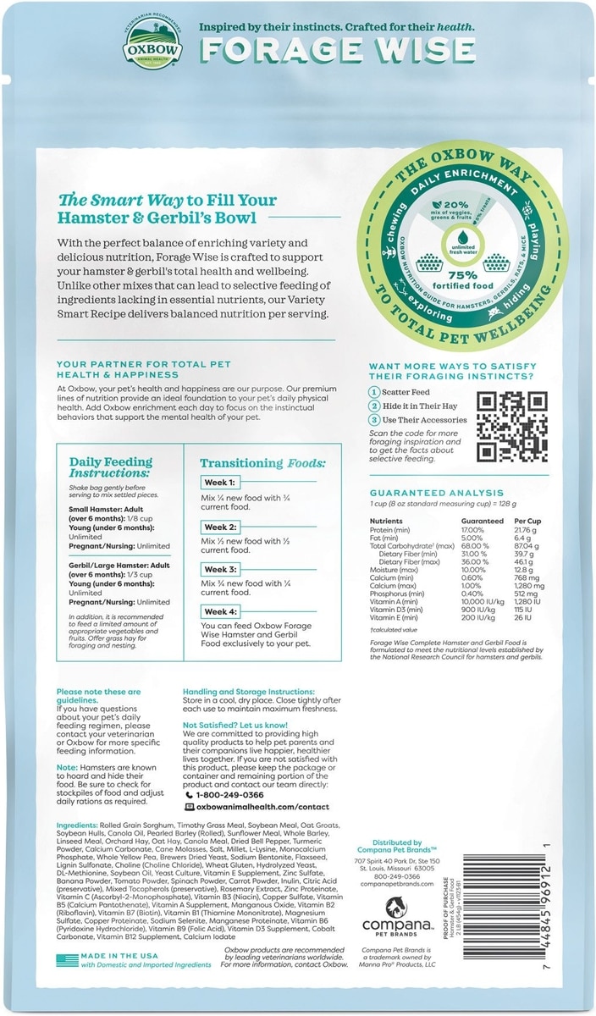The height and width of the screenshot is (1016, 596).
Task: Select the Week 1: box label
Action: tap(218, 483)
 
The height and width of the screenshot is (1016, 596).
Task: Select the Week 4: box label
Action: tap(219, 611)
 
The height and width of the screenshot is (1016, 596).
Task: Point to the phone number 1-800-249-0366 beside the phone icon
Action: tap(229, 795)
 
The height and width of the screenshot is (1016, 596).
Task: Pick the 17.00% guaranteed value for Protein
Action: tap(472, 529)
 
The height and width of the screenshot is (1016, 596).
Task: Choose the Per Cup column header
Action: tap(527, 521)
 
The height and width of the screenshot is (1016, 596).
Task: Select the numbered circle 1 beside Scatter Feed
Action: tap(373, 392)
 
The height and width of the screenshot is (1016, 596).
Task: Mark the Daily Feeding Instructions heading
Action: tap(112, 467)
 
